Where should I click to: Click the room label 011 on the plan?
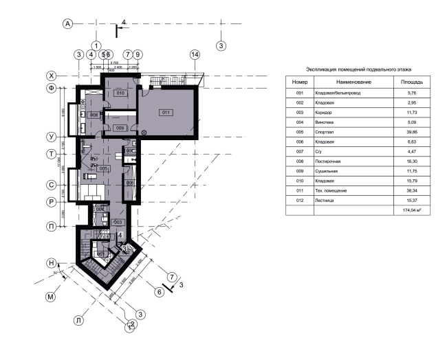(x=166, y=112)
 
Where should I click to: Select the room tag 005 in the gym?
(x=103, y=168)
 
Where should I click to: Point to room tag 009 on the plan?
(x=119, y=128)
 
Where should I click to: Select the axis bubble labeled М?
(x=50, y=297)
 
